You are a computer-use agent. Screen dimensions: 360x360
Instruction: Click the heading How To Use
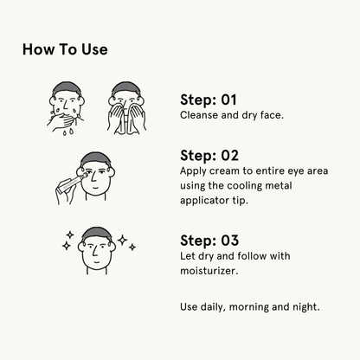pos(65,49)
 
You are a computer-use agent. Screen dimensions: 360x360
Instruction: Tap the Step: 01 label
pos(209,100)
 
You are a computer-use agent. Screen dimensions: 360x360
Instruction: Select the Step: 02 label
pos(209,156)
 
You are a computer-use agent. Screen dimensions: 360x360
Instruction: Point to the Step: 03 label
pos(209,241)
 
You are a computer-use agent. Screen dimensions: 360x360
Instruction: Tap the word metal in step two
pos(279,185)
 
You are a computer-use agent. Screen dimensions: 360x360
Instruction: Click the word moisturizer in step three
pos(209,271)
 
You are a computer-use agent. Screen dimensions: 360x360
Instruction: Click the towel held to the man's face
pos(126,121)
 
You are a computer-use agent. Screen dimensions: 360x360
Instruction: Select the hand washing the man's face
pos(61,122)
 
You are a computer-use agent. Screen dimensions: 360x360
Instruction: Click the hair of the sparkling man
pos(97,233)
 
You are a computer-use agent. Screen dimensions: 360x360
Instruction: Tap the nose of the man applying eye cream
pos(93,177)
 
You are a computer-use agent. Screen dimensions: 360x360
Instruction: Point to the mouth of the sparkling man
pos(97,261)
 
